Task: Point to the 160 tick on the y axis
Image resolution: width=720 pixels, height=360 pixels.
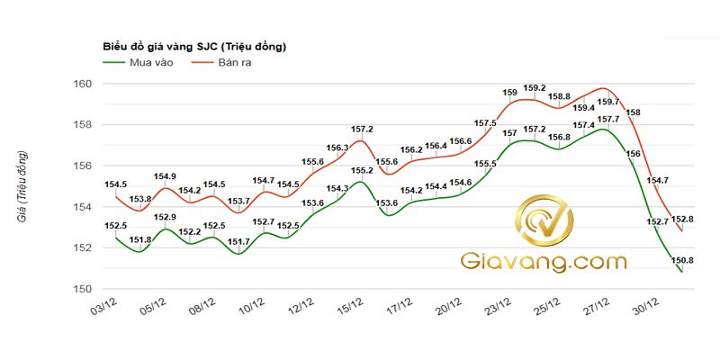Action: (x=84, y=84)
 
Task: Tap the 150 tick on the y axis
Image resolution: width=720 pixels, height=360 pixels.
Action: (x=84, y=289)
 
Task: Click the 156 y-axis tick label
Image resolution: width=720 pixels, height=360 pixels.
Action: (x=84, y=166)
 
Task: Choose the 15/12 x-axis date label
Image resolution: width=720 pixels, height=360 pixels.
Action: (x=350, y=308)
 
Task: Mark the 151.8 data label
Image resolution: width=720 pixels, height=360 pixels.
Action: (x=139, y=239)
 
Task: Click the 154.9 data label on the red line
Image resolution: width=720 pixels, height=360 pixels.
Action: (x=165, y=176)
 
